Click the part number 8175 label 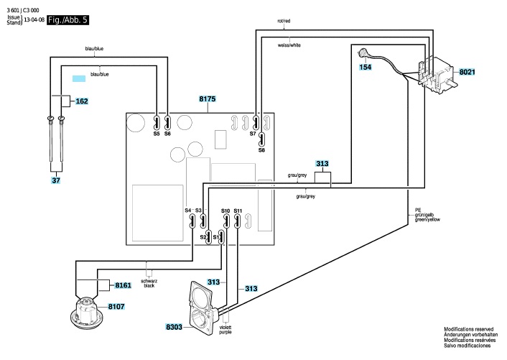click(208, 98)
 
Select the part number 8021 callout click(468, 72)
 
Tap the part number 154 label click(366, 67)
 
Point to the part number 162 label click(81, 101)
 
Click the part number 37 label click(56, 180)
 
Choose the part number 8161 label click(124, 285)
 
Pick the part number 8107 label click(116, 306)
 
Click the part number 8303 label click(174, 327)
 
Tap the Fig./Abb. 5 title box click(68, 20)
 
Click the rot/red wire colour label click(284, 21)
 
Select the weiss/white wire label click(289, 45)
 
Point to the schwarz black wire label click(149, 283)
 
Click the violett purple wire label click(225, 330)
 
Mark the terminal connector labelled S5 click(157, 123)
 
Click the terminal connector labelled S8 click(261, 139)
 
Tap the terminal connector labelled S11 click(237, 221)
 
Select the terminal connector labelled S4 click(192, 221)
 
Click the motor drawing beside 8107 click(86, 313)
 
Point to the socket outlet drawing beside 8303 click(201, 308)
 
